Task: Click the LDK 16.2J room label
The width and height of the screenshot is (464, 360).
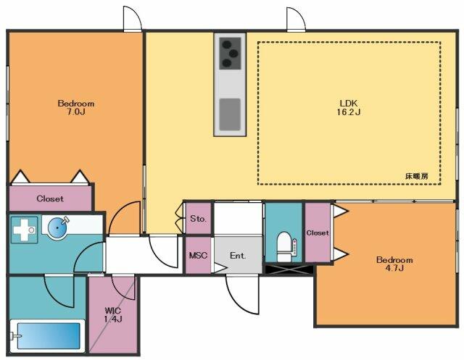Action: click(x=349, y=108)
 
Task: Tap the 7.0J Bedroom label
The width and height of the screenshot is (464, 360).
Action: click(x=76, y=108)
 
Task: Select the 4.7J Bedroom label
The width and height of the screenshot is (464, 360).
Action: click(x=394, y=264)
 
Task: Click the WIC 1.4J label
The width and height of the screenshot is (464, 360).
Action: click(x=113, y=315)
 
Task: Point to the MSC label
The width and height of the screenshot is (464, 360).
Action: click(x=198, y=256)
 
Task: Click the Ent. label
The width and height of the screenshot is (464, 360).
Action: click(x=238, y=256)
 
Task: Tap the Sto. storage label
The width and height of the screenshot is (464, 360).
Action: click(x=198, y=219)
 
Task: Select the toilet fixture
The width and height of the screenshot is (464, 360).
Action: click(x=285, y=246)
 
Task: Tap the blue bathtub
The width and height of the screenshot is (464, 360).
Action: click(x=49, y=336)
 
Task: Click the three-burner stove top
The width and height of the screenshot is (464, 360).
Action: click(x=230, y=53)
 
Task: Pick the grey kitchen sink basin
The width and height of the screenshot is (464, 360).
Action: click(x=230, y=114)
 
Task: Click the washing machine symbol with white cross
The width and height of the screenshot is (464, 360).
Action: click(x=24, y=230)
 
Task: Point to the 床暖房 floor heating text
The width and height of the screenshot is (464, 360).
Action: click(x=417, y=176)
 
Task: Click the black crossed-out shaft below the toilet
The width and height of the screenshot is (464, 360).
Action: click(x=289, y=269)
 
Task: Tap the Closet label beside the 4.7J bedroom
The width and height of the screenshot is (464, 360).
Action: click(x=318, y=233)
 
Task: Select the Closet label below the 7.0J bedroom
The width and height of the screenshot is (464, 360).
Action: click(x=50, y=198)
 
